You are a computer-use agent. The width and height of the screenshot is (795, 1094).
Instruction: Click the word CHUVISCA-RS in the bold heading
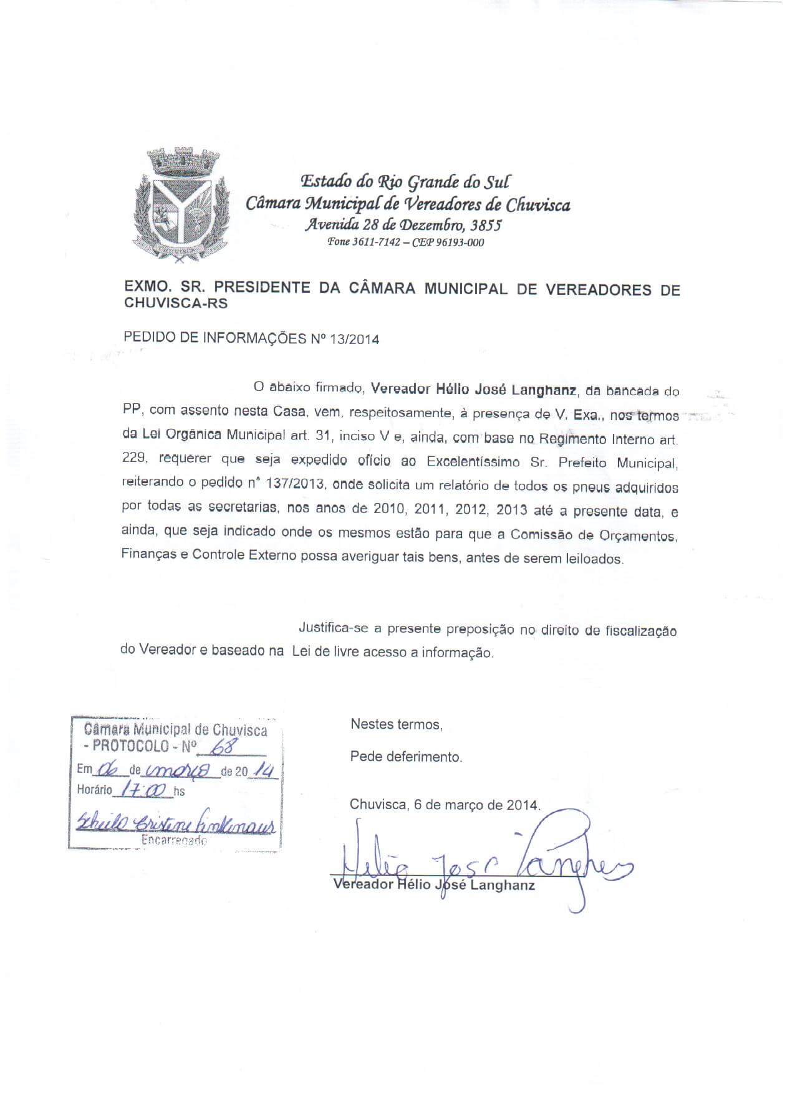176,304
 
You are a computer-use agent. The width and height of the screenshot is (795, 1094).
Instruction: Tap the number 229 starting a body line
134,458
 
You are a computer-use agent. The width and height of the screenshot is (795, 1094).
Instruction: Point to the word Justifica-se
339,628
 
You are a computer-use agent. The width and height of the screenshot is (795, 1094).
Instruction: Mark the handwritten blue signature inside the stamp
175,824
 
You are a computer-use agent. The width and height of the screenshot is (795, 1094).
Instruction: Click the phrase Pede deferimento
406,757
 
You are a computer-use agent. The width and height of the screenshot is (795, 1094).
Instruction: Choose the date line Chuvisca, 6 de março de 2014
445,805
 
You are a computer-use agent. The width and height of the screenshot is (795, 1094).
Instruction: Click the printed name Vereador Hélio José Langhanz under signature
434,885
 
